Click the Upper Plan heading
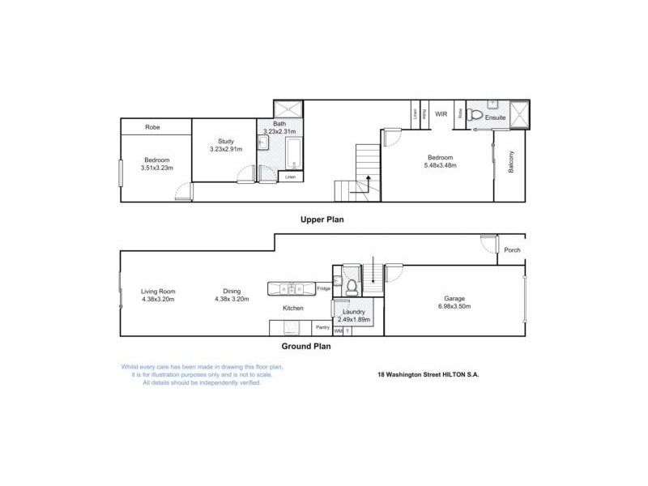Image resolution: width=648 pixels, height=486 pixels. [322, 220]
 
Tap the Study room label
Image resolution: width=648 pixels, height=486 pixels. [215, 141]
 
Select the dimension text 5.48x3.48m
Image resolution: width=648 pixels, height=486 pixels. [440, 165]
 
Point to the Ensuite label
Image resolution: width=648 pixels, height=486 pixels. [496, 118]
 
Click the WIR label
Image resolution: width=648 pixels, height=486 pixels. [441, 115]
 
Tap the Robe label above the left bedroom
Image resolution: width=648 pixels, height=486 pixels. [152, 127]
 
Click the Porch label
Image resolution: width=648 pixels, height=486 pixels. [512, 249]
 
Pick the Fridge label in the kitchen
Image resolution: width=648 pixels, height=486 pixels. [323, 288]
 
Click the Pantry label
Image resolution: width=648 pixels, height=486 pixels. [322, 327]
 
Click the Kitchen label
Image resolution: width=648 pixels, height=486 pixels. [292, 309]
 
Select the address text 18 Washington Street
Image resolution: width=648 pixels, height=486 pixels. [411, 375]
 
